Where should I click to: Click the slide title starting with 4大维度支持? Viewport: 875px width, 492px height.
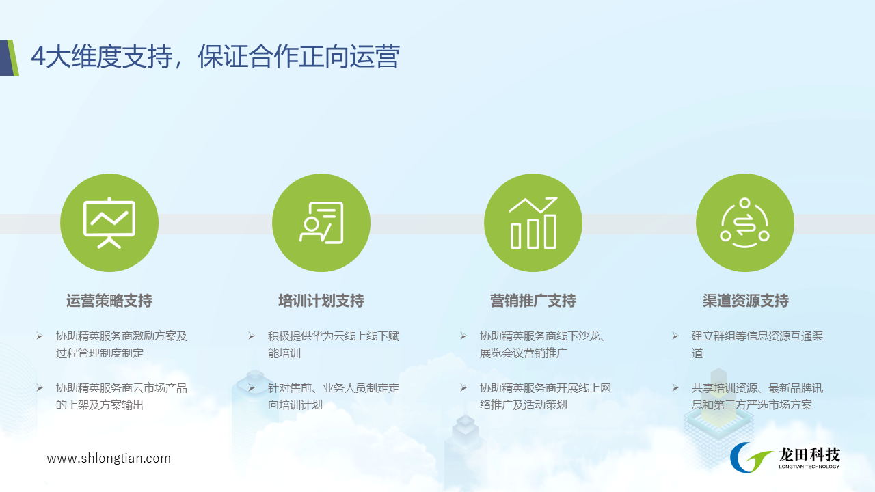click(x=215, y=57)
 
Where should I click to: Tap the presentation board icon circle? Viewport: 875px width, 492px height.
click(x=109, y=223)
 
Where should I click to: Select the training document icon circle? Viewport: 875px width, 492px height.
click(x=321, y=223)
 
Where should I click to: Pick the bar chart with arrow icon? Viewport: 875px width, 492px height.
click(x=533, y=223)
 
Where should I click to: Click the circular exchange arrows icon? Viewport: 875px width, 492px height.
click(x=745, y=223)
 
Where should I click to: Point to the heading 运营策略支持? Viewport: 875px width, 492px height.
click(x=109, y=301)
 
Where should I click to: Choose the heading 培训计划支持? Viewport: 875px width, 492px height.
click(x=321, y=301)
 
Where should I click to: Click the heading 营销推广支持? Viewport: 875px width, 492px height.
click(x=533, y=301)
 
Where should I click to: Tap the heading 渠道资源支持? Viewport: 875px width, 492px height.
click(x=745, y=301)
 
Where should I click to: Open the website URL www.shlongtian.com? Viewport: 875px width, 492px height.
click(x=109, y=458)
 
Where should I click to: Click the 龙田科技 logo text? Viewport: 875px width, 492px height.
click(x=809, y=455)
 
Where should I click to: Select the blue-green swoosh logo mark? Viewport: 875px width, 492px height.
click(x=751, y=457)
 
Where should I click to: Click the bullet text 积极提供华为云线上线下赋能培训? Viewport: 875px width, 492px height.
click(x=334, y=344)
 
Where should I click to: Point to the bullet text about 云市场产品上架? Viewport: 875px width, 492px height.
click(x=122, y=396)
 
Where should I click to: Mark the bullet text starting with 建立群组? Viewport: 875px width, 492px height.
click(x=757, y=344)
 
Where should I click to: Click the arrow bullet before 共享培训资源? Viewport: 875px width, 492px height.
click(x=675, y=387)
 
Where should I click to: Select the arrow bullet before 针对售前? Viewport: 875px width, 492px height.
click(x=251, y=387)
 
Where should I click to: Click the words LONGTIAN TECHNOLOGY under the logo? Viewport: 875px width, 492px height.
click(x=809, y=467)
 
